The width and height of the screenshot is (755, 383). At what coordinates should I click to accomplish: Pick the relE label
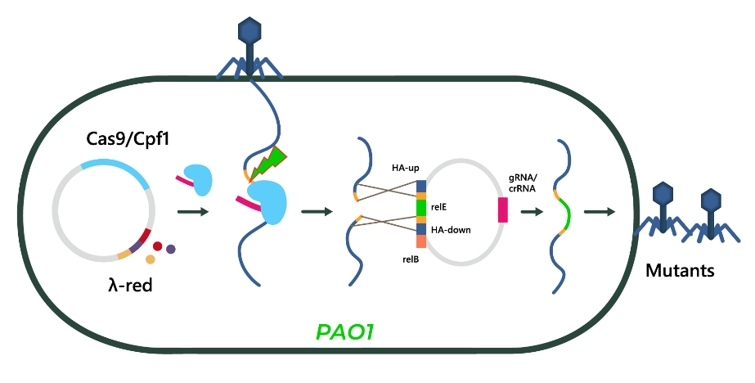tap(439, 208)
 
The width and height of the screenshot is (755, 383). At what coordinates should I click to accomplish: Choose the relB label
tap(411, 259)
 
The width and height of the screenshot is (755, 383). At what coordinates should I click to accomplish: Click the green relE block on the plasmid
tap(421, 208)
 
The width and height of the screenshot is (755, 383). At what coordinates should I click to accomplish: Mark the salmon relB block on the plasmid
tap(421, 241)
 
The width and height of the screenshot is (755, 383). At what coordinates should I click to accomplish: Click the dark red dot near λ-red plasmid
tap(157, 246)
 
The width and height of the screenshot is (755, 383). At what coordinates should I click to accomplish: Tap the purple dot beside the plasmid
tap(171, 249)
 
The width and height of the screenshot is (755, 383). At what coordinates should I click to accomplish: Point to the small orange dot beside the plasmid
tap(151, 259)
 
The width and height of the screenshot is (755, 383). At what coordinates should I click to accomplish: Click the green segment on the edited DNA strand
tap(564, 215)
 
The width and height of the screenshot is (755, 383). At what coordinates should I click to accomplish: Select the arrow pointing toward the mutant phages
tap(600, 211)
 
